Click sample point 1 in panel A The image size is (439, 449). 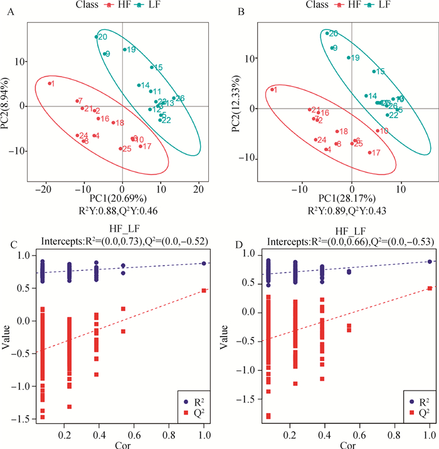(x=50, y=84)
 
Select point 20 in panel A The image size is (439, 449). (x=97, y=37)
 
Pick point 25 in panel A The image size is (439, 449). (x=120, y=149)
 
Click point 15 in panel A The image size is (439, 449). (x=152, y=67)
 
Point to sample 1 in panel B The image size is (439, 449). (x=273, y=90)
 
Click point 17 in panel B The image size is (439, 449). (x=370, y=153)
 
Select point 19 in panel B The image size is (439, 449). (x=349, y=58)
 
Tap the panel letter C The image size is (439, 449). (x=11, y=242)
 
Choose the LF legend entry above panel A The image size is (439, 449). (x=164, y=6)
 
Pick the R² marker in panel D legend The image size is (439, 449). (x=411, y=400)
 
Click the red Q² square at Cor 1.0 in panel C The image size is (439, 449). (x=204, y=290)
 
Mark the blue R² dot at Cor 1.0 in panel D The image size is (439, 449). (x=430, y=262)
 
